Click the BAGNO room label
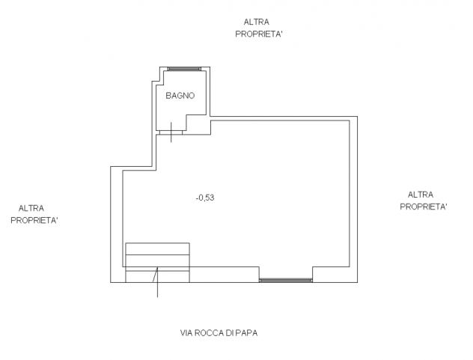pos(180,96)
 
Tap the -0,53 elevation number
pos(205,198)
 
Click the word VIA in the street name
pos(186,333)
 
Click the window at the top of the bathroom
pos(184,69)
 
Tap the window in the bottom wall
pos(286,281)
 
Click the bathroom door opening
pos(171,132)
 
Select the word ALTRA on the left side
pos(31,208)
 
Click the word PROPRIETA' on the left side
pos(34,221)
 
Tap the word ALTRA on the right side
pos(421,195)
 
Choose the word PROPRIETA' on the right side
pos(423,207)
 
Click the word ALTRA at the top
pos(257,22)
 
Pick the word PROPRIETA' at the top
pos(259,34)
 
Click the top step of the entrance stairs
pos(157,248)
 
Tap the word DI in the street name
pos(230,333)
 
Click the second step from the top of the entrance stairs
pos(157,260)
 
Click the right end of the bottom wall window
pos(312,281)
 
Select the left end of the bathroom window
pos(168,69)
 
